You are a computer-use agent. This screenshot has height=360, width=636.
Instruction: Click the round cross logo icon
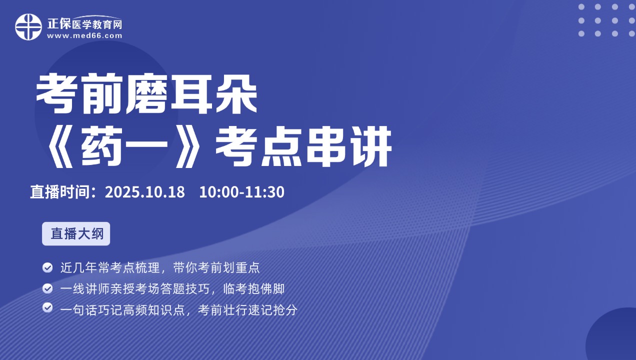point(28,27)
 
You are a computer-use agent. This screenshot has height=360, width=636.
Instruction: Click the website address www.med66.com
point(84,36)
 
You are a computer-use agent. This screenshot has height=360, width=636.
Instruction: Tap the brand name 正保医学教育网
point(84,23)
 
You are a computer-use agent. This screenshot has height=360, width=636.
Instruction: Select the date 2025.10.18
point(145,192)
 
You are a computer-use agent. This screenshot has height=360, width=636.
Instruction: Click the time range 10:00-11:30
point(241,192)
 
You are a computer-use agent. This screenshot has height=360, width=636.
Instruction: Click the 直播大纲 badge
point(76,234)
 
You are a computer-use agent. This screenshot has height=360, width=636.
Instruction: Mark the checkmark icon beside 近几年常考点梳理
point(47,267)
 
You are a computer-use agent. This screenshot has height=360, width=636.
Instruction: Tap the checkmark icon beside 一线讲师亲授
point(47,288)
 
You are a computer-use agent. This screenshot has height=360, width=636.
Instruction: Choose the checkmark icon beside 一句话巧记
point(47,307)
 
